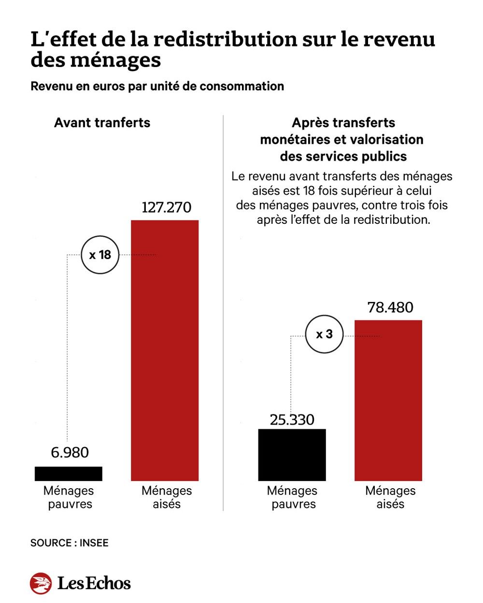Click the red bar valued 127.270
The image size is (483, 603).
(165, 350)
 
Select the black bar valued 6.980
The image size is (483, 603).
(69, 473)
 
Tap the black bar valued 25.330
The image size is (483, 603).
(292, 454)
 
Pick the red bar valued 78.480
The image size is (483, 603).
(388, 400)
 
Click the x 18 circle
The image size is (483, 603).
(100, 255)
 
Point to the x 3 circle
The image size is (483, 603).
(324, 334)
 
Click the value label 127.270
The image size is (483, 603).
(166, 207)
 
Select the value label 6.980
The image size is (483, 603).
(70, 452)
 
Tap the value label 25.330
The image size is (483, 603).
(292, 419)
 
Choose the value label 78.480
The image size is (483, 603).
(390, 307)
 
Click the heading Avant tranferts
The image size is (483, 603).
(102, 123)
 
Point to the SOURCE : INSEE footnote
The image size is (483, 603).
(69, 543)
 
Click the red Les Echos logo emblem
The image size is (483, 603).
(41, 583)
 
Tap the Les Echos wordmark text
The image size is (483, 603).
(94, 583)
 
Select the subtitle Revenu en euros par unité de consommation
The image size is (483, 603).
(157, 86)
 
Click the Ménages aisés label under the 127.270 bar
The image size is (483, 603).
(167, 497)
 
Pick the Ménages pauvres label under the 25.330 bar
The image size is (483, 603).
(292, 497)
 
